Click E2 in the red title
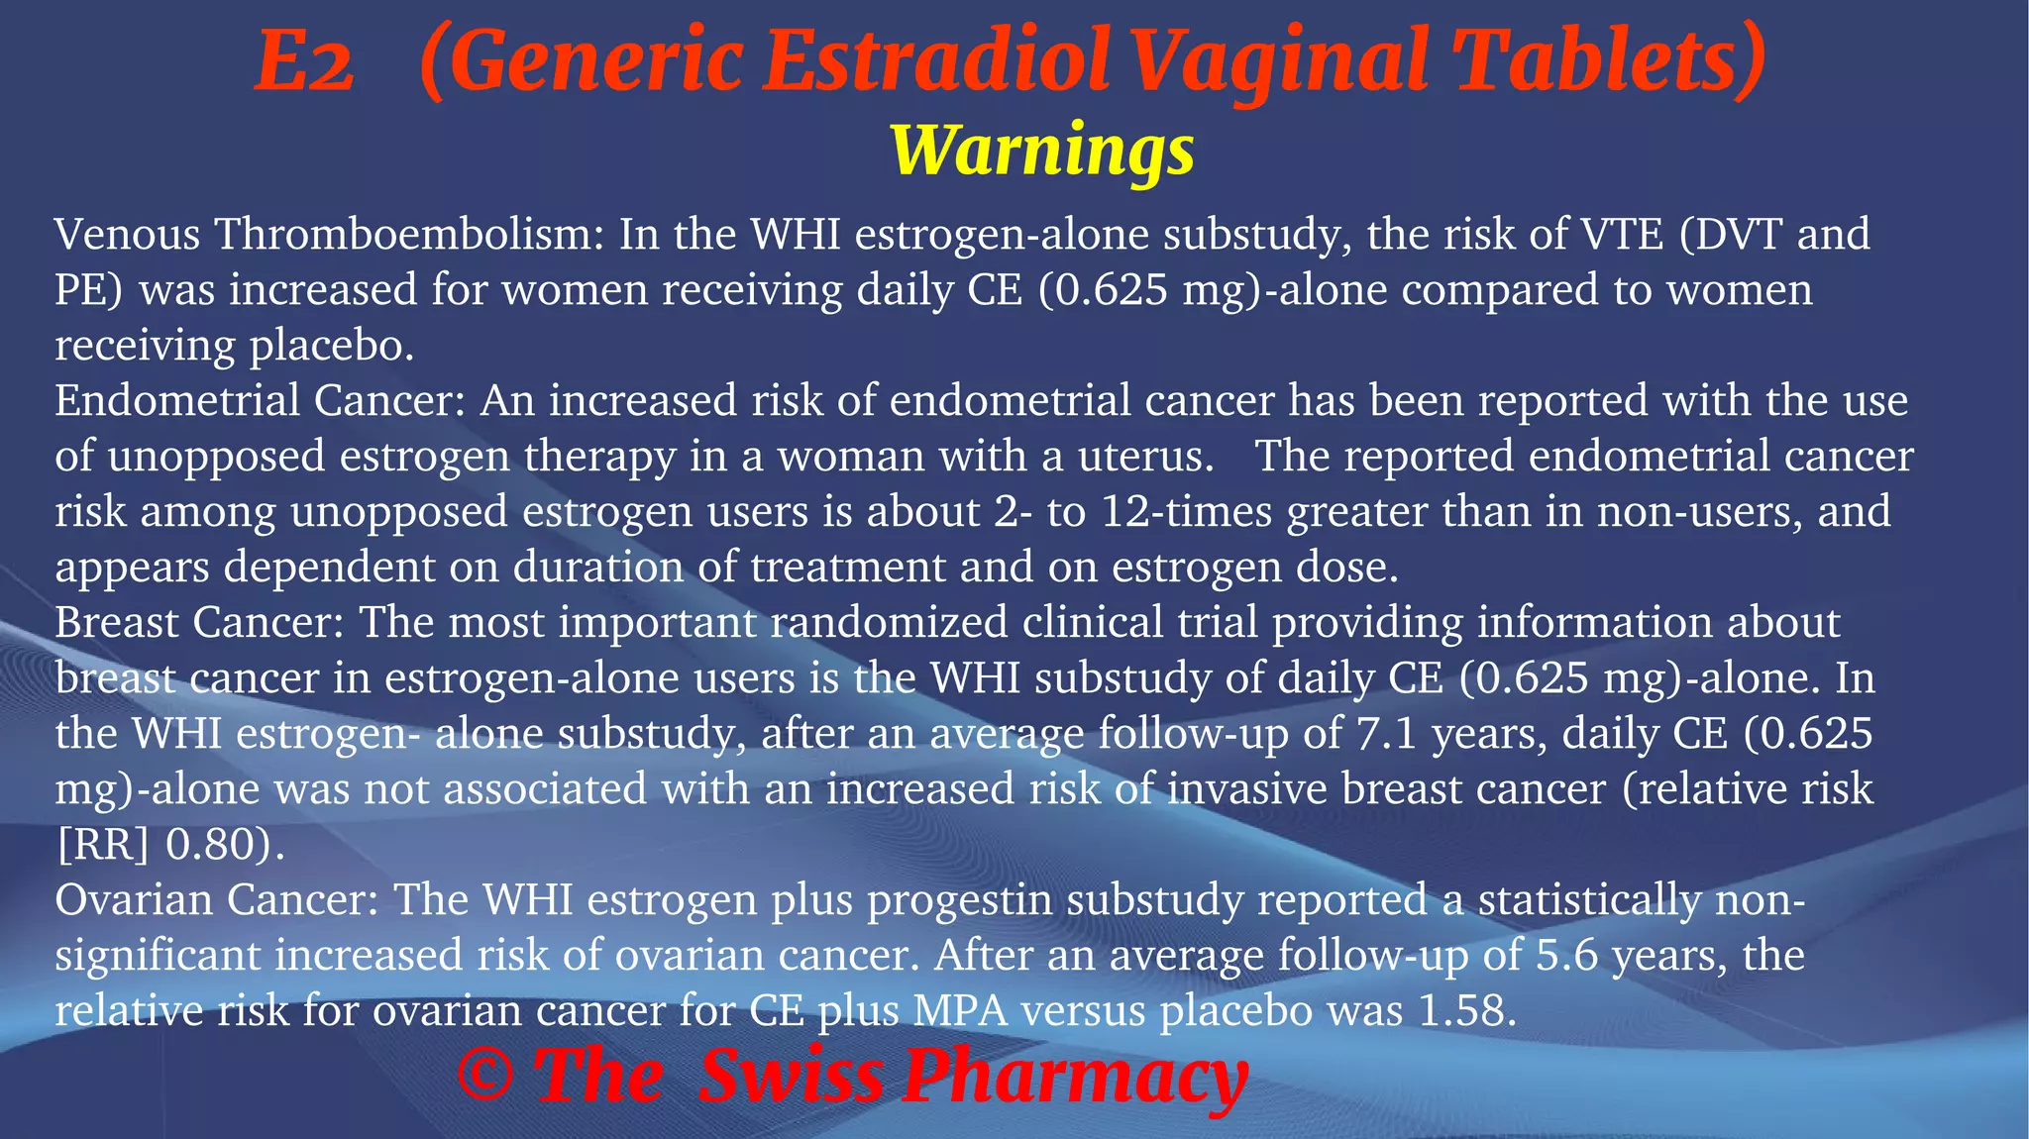pos(304,63)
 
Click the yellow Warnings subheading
pos(1042,151)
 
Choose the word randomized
pos(889,623)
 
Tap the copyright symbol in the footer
pos(485,1077)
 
